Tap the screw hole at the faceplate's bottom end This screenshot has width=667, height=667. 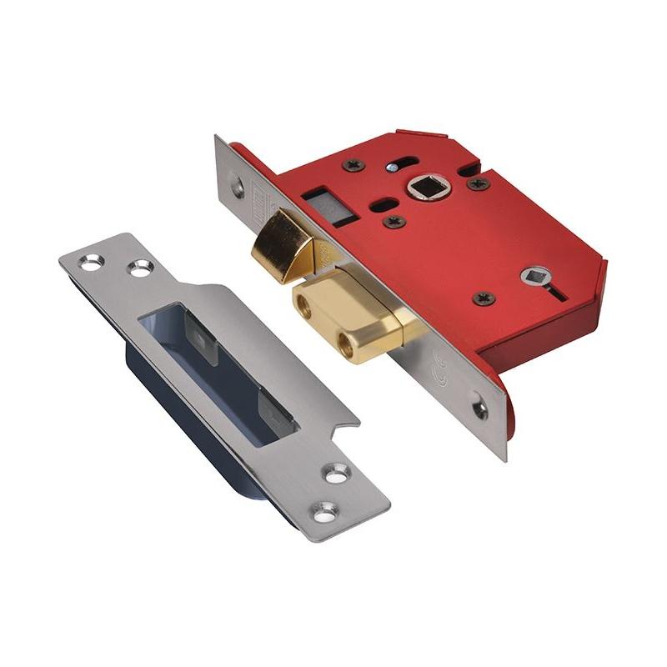click(x=479, y=409)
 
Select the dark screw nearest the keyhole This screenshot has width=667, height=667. click(x=483, y=298)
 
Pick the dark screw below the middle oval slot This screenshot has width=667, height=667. click(x=392, y=221)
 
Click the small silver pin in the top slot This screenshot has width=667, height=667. click(x=389, y=167)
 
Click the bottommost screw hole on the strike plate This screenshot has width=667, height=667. click(x=323, y=508)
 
